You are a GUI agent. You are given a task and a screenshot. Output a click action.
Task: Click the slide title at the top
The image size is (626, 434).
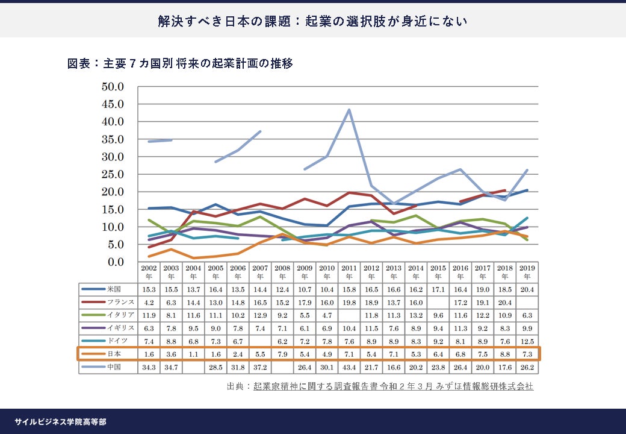pyautogui.click(x=312, y=21)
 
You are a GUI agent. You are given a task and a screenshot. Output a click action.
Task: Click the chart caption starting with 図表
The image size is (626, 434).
pyautogui.click(x=180, y=63)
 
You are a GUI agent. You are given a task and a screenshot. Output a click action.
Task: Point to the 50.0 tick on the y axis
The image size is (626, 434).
pyautogui.click(x=112, y=86)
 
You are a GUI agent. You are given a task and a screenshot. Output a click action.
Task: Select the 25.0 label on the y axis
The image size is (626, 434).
pyautogui.click(x=112, y=174)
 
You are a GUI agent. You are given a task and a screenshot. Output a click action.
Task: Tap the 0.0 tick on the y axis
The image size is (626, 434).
pyautogui.click(x=114, y=262)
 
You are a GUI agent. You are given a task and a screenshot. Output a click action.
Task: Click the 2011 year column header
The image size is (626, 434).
pyautogui.click(x=349, y=272)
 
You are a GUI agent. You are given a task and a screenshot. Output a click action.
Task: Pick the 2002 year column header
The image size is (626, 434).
pyautogui.click(x=149, y=272)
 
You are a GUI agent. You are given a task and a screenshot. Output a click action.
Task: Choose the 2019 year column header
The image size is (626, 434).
pyautogui.click(x=527, y=272)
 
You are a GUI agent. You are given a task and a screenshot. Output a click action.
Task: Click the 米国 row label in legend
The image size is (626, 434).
pyautogui.click(x=114, y=289)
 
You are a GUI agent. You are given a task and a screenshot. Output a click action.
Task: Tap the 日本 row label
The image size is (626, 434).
pyautogui.click(x=114, y=353)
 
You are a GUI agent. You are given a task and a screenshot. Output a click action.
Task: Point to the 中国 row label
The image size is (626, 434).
pyautogui.click(x=114, y=366)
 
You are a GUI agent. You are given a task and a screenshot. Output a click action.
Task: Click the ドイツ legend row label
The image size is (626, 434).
pyautogui.click(x=117, y=341)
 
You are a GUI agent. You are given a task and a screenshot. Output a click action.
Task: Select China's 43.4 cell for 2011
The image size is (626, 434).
pyautogui.click(x=349, y=366)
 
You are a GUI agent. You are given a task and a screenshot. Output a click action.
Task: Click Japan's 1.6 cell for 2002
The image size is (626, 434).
pyautogui.click(x=149, y=353)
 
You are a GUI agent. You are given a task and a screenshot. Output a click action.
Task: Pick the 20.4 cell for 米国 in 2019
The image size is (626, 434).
pyautogui.click(x=527, y=289)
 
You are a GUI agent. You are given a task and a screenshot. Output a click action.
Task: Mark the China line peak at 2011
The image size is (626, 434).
pyautogui.click(x=349, y=110)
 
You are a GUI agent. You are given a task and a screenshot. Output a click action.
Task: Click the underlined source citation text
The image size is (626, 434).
pyautogui.click(x=393, y=386)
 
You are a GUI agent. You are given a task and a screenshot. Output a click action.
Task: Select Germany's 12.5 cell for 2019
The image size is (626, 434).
pyautogui.click(x=527, y=341)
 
